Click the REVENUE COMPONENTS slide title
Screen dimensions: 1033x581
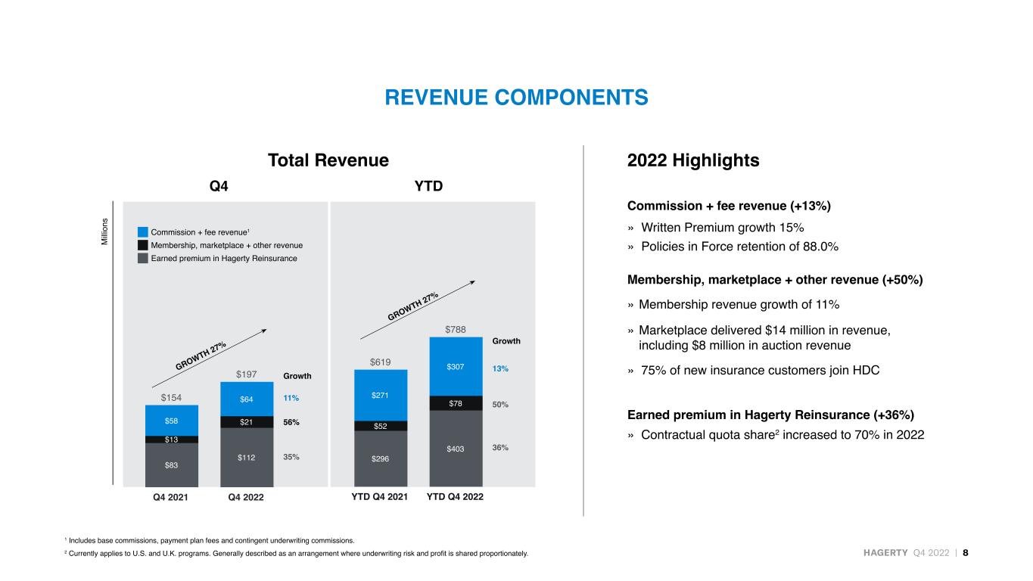(x=516, y=98)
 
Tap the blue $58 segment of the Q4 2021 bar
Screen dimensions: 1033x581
(x=172, y=421)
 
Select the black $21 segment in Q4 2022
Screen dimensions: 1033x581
(x=247, y=422)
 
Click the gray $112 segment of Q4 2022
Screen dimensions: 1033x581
(x=247, y=457)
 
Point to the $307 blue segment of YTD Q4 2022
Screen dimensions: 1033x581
(x=456, y=367)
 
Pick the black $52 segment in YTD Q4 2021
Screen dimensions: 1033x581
(x=381, y=426)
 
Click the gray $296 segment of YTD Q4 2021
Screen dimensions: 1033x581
(x=381, y=458)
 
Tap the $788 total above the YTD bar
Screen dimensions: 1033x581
(x=455, y=329)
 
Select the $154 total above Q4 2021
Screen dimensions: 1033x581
(x=171, y=397)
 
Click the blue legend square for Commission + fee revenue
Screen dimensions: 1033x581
(x=143, y=232)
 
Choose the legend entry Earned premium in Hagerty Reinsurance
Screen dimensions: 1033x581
(x=224, y=258)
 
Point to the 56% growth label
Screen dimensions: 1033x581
(x=291, y=422)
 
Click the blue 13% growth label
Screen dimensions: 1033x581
(x=500, y=368)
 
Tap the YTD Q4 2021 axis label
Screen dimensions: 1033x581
(x=380, y=496)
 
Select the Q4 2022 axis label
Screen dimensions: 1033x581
(x=246, y=497)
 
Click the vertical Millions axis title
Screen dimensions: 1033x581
(x=104, y=231)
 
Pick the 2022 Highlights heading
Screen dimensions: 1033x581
(x=693, y=160)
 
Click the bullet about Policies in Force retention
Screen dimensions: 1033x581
(x=739, y=246)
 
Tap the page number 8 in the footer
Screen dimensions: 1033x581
(x=966, y=552)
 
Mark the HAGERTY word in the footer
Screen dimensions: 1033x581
(x=885, y=552)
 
